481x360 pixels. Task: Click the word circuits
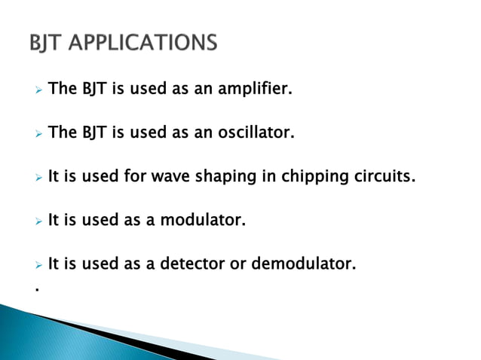click(x=383, y=177)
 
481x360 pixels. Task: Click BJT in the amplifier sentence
click(x=94, y=90)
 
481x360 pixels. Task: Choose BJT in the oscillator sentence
click(x=94, y=133)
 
